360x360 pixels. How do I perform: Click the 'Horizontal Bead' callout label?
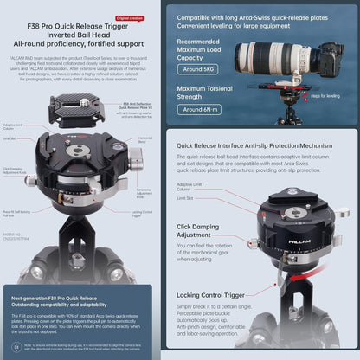[145, 139]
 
